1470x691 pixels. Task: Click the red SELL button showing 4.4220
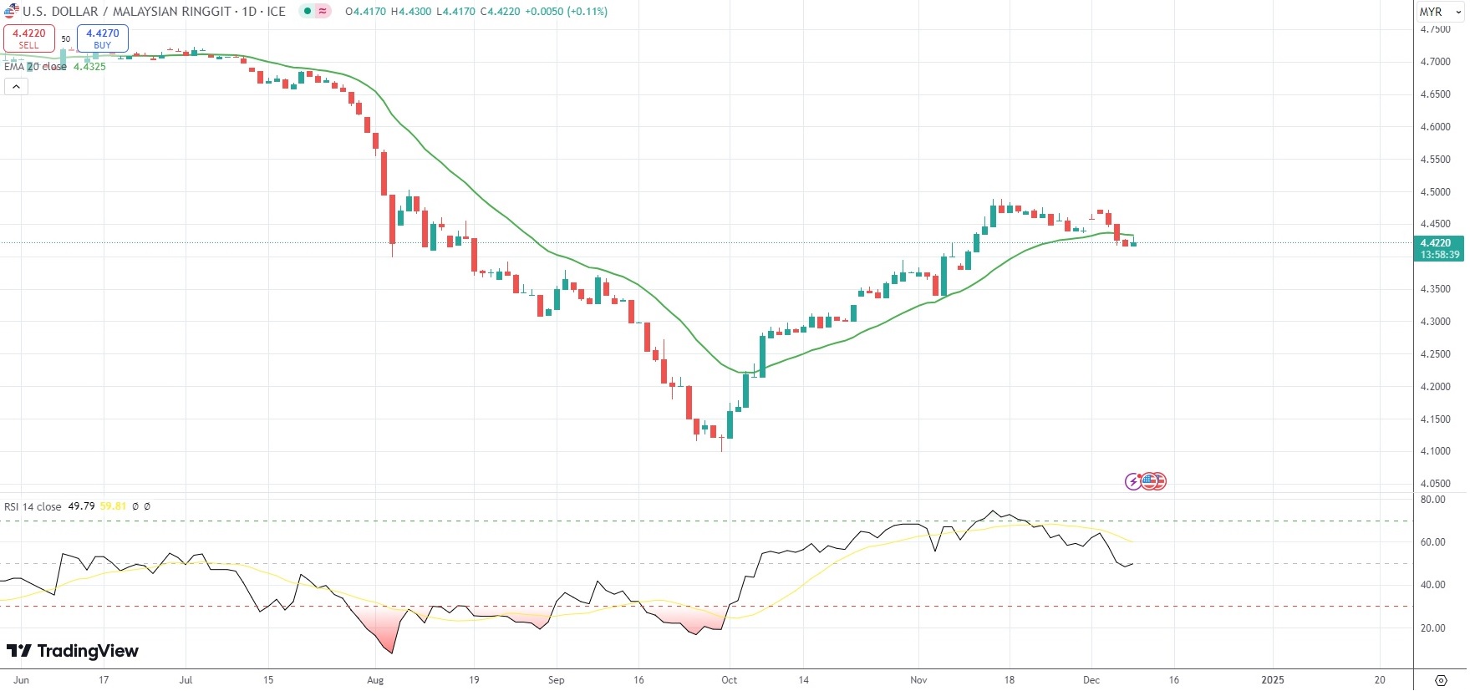29,38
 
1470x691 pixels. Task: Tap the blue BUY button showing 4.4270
102,38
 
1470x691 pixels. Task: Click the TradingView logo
73,651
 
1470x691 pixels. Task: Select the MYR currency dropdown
1440,12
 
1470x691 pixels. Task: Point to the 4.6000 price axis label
1435,127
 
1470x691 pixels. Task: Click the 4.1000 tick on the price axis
1435,451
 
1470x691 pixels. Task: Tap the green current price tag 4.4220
1437,243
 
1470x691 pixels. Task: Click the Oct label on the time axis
729,680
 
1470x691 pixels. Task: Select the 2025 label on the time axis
1272,680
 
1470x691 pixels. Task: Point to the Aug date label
375,680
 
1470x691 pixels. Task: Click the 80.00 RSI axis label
1432,500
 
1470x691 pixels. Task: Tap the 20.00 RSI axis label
1432,628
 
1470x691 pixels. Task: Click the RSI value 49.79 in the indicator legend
81,506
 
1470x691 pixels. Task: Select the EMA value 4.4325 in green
89,67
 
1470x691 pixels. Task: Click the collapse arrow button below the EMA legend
16,86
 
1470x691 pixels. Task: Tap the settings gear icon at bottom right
1441,680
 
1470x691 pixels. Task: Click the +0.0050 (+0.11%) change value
566,12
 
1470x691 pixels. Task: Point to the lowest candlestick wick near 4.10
721,447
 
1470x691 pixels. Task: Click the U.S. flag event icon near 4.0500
1152,481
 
